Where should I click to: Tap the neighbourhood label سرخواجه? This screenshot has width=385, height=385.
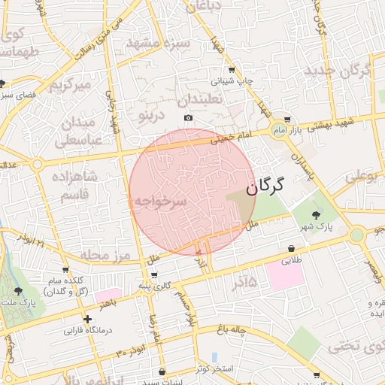click(159, 202)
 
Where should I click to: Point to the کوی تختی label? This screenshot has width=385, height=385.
click(354, 347)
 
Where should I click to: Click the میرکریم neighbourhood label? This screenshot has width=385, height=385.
click(69, 85)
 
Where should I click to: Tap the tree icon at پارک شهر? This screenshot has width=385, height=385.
click(326, 215)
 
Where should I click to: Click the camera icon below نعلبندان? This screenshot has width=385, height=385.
click(188, 118)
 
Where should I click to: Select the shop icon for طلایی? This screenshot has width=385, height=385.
click(291, 249)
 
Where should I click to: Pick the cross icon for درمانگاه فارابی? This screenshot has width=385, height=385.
click(88, 319)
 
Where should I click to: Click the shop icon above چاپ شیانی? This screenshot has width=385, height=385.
click(232, 69)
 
